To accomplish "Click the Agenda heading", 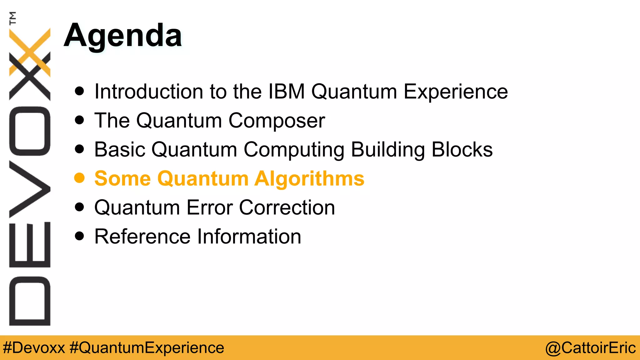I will point(122,36).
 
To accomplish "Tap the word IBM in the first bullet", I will point(287,92).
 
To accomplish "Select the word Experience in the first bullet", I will point(456,92).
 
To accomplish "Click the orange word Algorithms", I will point(309,179).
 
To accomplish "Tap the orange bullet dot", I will point(79,178).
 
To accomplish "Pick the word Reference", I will point(142,237).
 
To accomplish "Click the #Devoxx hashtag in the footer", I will point(34,348).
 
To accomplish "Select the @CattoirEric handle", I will point(590,348).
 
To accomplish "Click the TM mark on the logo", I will point(12,18).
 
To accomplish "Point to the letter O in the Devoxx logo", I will point(30,131).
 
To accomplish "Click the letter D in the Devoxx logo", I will point(30,301).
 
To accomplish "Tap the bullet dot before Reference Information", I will point(80,236).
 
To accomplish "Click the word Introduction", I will point(149,92).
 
